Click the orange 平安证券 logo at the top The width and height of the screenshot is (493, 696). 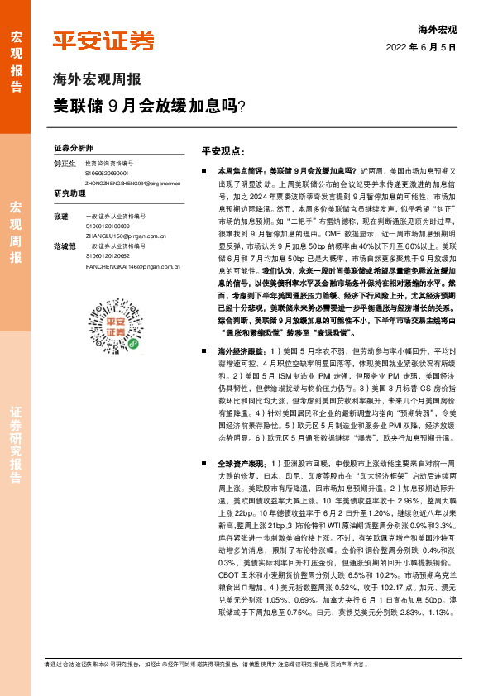(103, 41)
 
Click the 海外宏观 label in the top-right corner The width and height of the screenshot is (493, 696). (438, 29)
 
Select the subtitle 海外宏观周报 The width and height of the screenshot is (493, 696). (97, 80)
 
